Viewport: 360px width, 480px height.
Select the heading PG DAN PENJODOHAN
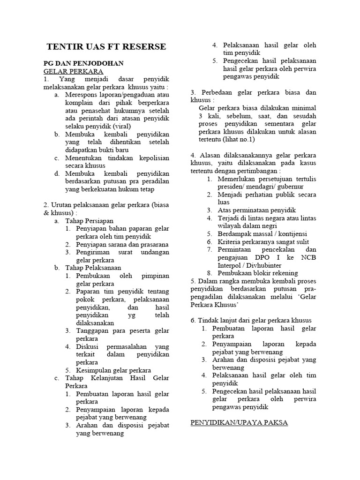83,63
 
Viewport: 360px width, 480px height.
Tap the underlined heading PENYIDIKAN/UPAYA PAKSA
239,423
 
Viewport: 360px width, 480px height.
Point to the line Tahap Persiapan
89,220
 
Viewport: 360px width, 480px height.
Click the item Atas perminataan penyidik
256,210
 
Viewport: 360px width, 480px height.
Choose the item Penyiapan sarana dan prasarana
122,244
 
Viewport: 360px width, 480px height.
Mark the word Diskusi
88,346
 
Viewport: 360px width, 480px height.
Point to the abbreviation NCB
307,257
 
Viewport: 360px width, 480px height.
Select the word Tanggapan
93,330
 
